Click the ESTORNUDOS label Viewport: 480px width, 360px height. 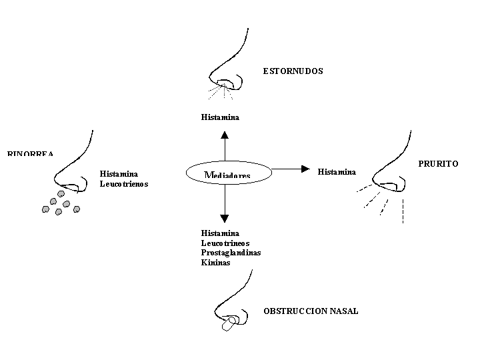tap(293, 71)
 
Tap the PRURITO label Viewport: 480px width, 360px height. tap(438, 163)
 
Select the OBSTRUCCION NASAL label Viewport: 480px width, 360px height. tap(311, 311)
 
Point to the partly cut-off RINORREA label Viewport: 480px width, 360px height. tap(31, 153)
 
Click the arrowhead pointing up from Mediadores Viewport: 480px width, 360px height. tap(224, 134)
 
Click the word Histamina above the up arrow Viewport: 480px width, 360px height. tap(220, 117)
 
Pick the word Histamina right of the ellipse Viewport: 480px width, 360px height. tap(337, 172)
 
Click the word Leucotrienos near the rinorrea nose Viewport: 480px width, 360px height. tap(124, 183)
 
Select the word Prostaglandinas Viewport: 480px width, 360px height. tap(231, 253)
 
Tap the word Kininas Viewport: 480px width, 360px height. tap(216, 263)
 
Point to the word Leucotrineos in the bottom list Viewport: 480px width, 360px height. tap(225, 243)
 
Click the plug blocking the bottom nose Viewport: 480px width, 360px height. tap(229, 325)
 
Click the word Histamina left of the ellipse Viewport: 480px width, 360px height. tap(119, 173)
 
